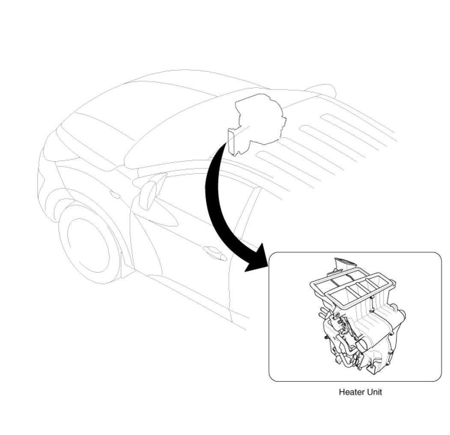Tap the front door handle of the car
214,254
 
